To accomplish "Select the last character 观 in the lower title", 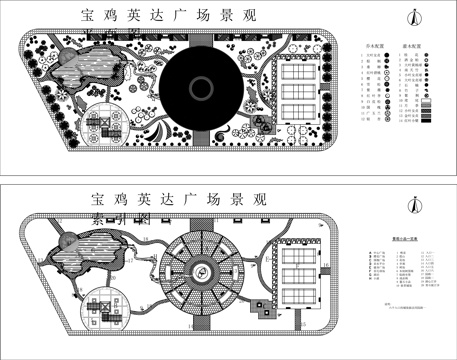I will [x=259, y=198].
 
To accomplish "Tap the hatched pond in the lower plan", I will [x=90, y=256].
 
